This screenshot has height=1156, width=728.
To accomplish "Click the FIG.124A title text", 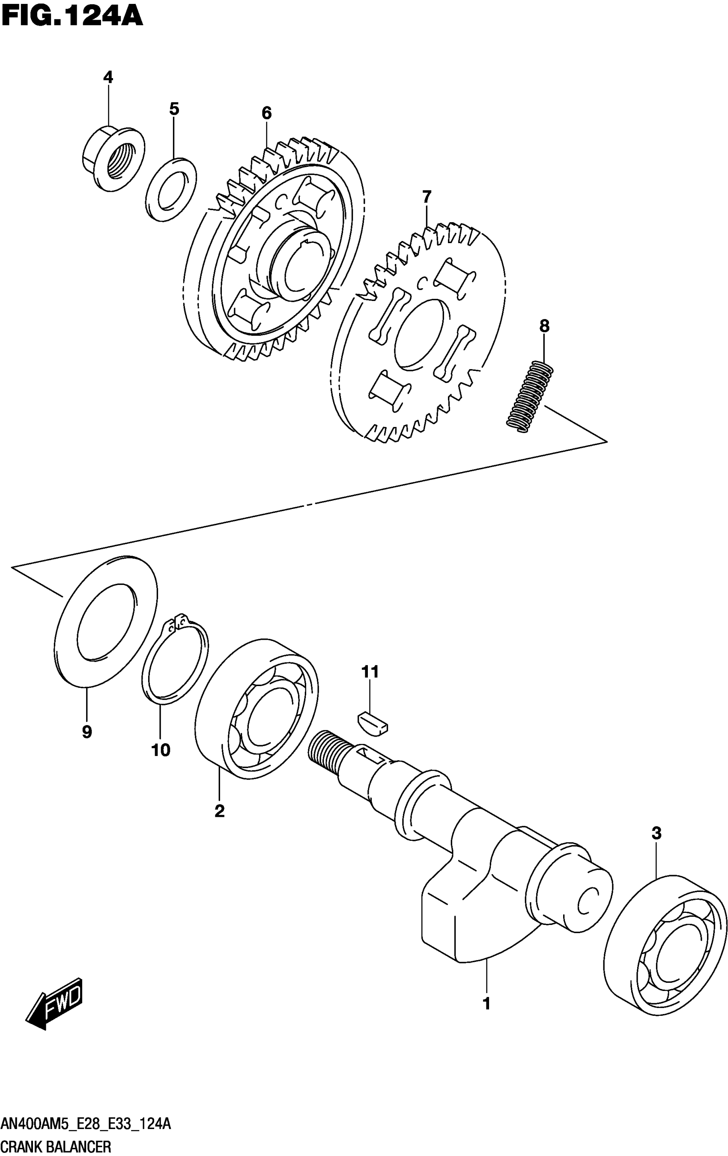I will click(x=72, y=16).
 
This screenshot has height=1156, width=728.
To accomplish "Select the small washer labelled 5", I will click(x=171, y=189).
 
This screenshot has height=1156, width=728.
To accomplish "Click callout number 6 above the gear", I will click(x=267, y=113).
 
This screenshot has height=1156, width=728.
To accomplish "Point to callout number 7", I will click(x=427, y=197).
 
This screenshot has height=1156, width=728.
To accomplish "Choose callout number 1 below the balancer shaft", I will click(x=486, y=1003).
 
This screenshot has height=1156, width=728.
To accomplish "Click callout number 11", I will click(x=370, y=671).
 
